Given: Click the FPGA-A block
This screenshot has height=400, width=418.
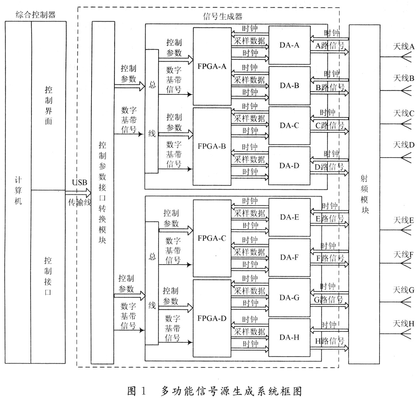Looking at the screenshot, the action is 212,66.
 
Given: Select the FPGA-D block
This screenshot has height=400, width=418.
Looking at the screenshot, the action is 212,318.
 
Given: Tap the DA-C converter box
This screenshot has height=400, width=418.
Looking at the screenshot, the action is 289,126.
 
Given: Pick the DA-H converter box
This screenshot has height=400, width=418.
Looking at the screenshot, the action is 289,337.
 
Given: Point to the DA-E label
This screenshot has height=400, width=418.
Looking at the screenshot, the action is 289,217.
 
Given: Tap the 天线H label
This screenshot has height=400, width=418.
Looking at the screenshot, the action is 404,324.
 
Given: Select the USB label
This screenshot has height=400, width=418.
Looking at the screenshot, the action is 80,183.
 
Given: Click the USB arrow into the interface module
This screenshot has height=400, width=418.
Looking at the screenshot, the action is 78,193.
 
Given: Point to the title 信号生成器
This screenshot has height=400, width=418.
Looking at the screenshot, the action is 223,16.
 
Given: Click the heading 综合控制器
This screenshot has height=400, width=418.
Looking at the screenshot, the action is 36,15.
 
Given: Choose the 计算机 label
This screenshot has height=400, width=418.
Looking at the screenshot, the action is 18,191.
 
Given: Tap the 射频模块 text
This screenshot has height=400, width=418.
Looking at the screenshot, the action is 364,194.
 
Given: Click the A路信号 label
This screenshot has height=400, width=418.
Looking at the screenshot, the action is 330,46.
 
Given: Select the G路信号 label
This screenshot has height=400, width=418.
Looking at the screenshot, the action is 328,300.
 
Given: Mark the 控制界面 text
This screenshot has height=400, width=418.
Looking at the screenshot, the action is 48,106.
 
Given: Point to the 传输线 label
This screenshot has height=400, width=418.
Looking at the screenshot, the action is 80,202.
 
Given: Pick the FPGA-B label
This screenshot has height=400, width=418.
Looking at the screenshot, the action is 212,146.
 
